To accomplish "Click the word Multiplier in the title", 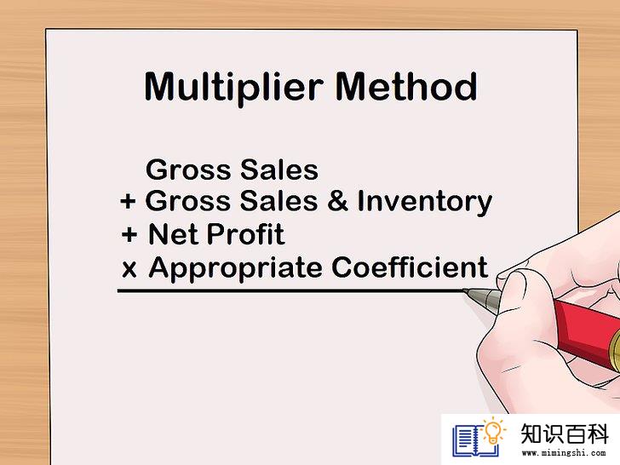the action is click(233, 89).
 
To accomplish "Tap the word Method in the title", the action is click(406, 86).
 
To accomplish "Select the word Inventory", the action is click(425, 202).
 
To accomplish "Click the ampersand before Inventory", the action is click(337, 200).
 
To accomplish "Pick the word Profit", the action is click(245, 234).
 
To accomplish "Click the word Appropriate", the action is click(236, 269).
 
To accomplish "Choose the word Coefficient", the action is click(410, 267).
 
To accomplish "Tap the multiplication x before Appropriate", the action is click(129, 269).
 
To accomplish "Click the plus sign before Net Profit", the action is click(129, 235).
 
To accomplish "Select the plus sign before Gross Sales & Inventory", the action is click(128, 201).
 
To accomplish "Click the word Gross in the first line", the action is click(188, 170).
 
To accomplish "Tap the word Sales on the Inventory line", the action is click(278, 200).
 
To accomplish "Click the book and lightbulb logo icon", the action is click(479, 437).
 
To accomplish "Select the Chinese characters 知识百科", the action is click(565, 433).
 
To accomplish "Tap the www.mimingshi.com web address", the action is click(564, 453).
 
